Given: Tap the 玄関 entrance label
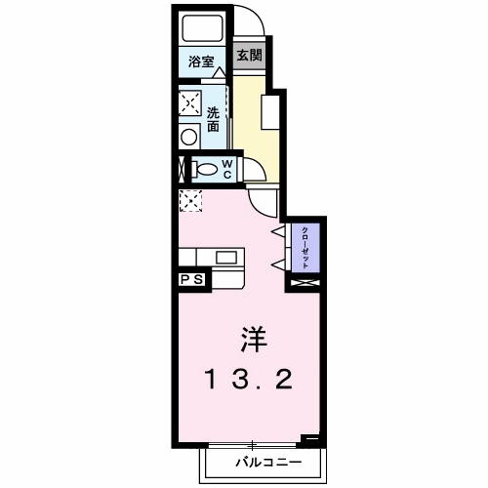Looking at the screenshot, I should (x=250, y=55).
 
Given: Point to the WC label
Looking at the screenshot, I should (x=224, y=170).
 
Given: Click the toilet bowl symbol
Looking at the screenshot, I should (x=205, y=170).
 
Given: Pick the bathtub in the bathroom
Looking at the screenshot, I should (x=203, y=29).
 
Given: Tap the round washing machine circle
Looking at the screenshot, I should (x=188, y=138).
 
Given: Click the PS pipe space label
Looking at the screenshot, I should (x=191, y=280).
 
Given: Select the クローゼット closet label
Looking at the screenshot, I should (x=305, y=249).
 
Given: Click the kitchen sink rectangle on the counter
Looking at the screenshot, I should (x=226, y=258).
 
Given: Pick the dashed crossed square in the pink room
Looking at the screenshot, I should (x=189, y=202).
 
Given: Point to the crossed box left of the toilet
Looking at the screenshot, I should (x=181, y=169).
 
